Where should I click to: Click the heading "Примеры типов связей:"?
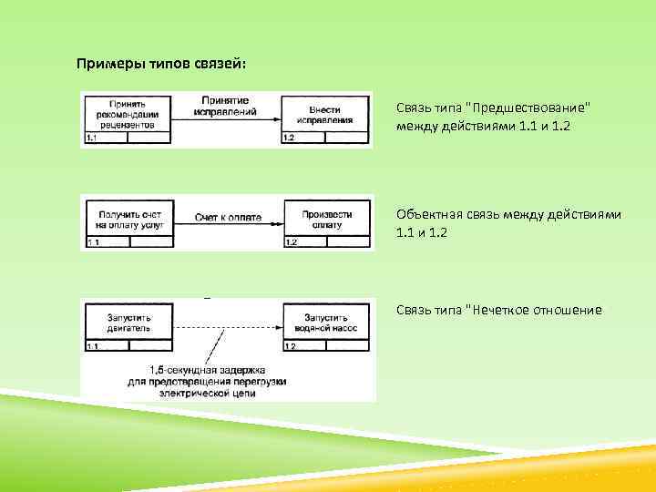point(161,65)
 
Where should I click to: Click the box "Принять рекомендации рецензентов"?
point(128,113)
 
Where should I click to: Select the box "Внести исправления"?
point(325,114)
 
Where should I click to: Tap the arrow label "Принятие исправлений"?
point(226,106)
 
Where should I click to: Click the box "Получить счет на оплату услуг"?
point(128,218)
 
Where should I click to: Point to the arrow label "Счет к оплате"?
point(227,218)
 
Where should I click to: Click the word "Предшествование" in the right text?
point(528,108)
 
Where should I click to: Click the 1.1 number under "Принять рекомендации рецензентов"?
point(91,138)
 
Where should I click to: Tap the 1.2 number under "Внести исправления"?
point(290,138)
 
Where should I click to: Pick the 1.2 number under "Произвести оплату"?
point(292,242)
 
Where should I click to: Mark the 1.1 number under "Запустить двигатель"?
point(91,347)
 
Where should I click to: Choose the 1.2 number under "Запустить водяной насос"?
point(290,347)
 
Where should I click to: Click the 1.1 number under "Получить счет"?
point(92,242)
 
